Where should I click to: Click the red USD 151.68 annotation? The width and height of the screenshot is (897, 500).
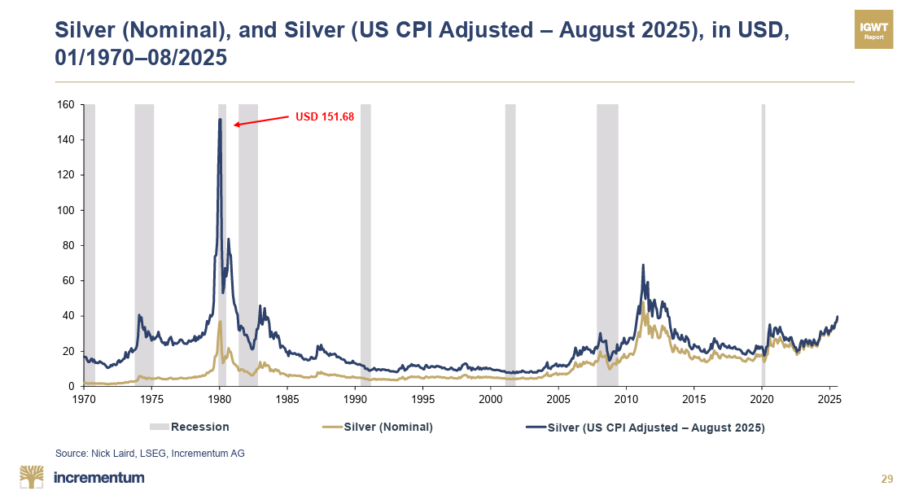coord(324,116)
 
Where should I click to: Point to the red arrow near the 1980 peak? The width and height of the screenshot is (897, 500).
coord(260,121)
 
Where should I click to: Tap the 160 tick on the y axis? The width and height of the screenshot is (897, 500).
coord(67,105)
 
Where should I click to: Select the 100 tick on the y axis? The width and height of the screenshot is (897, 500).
coord(67,210)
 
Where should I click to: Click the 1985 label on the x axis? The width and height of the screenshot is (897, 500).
coord(287,400)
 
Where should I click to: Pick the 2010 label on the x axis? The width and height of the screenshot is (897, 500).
coord(626,400)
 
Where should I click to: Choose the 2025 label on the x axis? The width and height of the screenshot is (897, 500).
coord(829,400)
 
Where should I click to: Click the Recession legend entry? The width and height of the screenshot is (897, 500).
coord(190,427)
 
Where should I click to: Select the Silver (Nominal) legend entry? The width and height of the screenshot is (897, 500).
coord(378,427)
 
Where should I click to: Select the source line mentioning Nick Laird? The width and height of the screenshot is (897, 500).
coord(150,453)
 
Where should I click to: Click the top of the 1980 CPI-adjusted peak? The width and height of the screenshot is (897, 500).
coord(220,120)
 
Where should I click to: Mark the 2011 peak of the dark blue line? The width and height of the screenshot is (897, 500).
coord(643,265)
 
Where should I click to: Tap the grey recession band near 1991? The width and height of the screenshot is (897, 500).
coord(365,244)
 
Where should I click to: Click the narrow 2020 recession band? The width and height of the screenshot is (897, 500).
coord(763,244)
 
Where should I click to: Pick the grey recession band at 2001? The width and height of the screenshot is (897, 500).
coord(510,244)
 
